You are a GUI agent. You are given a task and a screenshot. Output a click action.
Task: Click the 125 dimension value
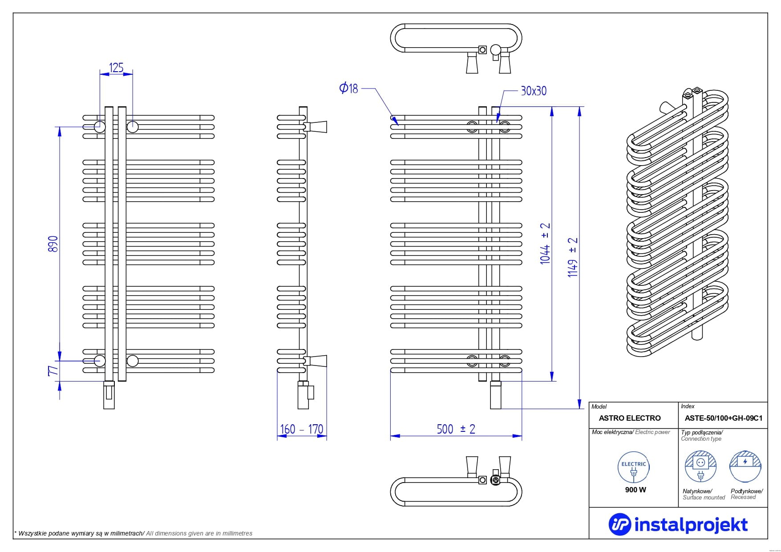(x=116, y=68)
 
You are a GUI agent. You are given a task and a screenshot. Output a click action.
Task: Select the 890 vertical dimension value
(x=53, y=244)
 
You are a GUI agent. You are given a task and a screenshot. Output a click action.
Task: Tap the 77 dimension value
(x=53, y=370)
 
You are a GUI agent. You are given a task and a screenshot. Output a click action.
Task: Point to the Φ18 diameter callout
(x=348, y=88)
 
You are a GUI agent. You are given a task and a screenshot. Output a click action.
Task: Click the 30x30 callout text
(x=533, y=91)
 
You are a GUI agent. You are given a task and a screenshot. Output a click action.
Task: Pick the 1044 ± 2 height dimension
(x=545, y=244)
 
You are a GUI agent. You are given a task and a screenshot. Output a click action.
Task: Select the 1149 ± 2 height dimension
(x=573, y=257)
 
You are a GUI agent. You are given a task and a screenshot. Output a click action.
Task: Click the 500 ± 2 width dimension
(x=456, y=429)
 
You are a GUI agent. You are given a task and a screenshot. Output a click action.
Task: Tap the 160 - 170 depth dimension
(x=302, y=429)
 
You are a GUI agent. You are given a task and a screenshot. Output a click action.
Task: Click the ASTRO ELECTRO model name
(x=630, y=418)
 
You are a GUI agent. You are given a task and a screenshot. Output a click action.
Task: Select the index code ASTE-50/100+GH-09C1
(x=723, y=418)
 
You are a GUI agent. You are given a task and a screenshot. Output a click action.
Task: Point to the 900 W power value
(x=635, y=490)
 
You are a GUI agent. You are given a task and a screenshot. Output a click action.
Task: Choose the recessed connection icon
(x=745, y=466)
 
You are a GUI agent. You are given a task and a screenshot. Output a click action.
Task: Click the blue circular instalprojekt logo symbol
(x=620, y=524)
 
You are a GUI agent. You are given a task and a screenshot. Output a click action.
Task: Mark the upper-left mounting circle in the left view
(x=99, y=127)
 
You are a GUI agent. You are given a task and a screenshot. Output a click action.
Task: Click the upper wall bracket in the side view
(x=316, y=127)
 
